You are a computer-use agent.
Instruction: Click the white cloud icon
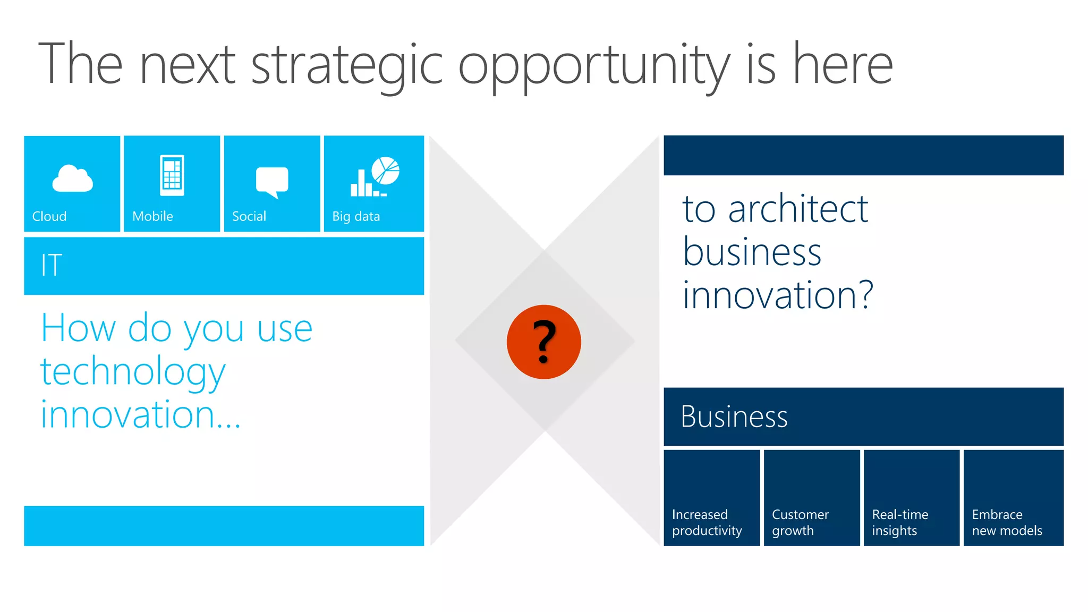pos(72,178)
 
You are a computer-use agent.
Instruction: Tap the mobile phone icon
pos(172,175)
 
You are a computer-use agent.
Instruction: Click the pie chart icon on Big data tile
pos(386,170)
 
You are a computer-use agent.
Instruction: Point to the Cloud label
pos(49,216)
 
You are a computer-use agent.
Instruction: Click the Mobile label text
pos(152,216)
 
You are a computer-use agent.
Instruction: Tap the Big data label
pos(356,216)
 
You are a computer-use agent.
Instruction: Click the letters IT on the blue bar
pos(52,265)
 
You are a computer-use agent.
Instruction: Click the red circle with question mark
pos(543,342)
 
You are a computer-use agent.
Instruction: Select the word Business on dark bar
pos(734,416)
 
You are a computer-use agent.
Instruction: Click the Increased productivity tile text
pos(707,522)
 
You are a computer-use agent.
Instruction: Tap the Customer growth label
pos(800,522)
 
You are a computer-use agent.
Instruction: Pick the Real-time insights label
pos(899,522)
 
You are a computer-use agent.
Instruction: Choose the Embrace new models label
pos(1007,522)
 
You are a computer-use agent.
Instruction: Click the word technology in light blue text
pos(133,372)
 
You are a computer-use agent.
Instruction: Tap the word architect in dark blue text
pos(798,209)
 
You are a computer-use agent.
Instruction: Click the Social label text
pos(249,216)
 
